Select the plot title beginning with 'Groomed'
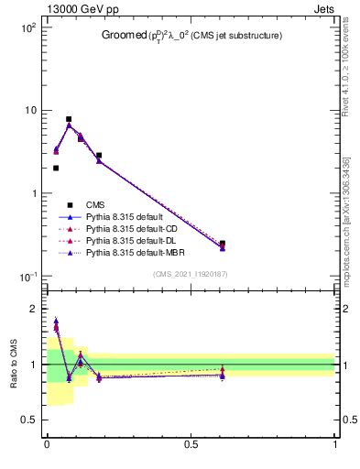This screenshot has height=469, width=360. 191,35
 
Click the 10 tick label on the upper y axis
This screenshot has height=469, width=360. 29,111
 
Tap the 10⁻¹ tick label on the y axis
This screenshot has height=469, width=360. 27,277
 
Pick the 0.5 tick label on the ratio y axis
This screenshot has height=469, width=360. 31,420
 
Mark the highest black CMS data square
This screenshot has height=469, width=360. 69,119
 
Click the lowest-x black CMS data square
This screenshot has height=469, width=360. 56,168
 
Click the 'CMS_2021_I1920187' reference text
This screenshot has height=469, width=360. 191,274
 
